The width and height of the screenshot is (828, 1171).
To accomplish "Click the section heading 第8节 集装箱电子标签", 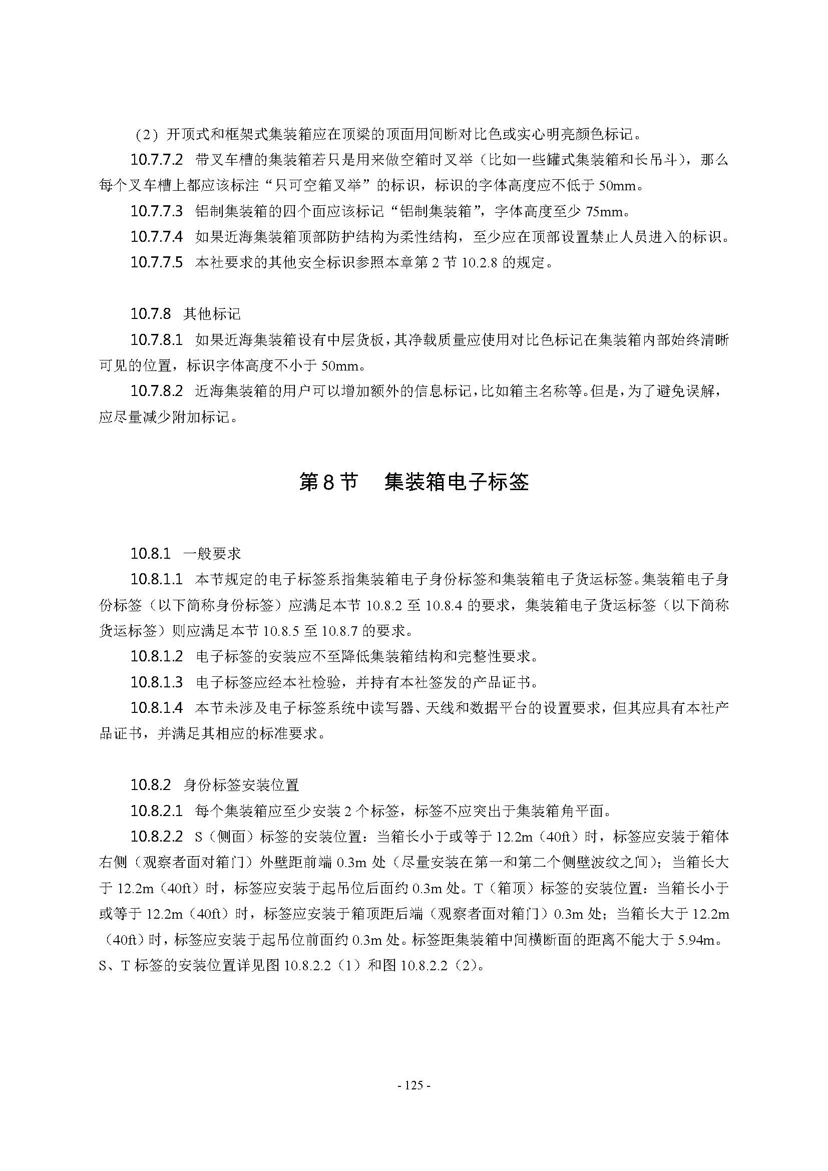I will pyautogui.click(x=413, y=482).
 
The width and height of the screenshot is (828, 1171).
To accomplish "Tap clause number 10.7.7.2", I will pyautogui.click(x=156, y=160).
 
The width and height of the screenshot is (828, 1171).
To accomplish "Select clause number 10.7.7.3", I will pyautogui.click(x=156, y=211).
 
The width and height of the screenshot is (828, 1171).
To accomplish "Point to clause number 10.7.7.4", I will pyautogui.click(x=156, y=237).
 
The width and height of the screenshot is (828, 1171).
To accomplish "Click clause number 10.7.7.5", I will pyautogui.click(x=156, y=263).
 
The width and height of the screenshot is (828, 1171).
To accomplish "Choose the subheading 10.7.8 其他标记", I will pyautogui.click(x=186, y=314).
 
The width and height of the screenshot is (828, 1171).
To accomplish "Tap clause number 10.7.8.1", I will pyautogui.click(x=156, y=339).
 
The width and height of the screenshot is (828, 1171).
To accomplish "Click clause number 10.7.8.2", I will pyautogui.click(x=156, y=391).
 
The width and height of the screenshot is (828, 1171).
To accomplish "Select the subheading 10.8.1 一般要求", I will pyautogui.click(x=186, y=553).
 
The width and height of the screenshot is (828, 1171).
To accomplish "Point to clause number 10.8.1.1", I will pyautogui.click(x=156, y=579).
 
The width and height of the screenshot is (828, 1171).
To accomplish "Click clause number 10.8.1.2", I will pyautogui.click(x=156, y=656).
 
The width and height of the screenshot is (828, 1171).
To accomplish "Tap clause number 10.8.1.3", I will pyautogui.click(x=156, y=682).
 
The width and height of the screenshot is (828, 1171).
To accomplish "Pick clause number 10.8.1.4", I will pyautogui.click(x=156, y=708).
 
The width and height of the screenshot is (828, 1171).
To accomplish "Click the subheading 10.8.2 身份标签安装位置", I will pyautogui.click(x=214, y=785).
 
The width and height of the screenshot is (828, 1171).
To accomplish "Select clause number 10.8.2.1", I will pyautogui.click(x=156, y=811).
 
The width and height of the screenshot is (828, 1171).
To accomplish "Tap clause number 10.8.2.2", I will pyautogui.click(x=156, y=837).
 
